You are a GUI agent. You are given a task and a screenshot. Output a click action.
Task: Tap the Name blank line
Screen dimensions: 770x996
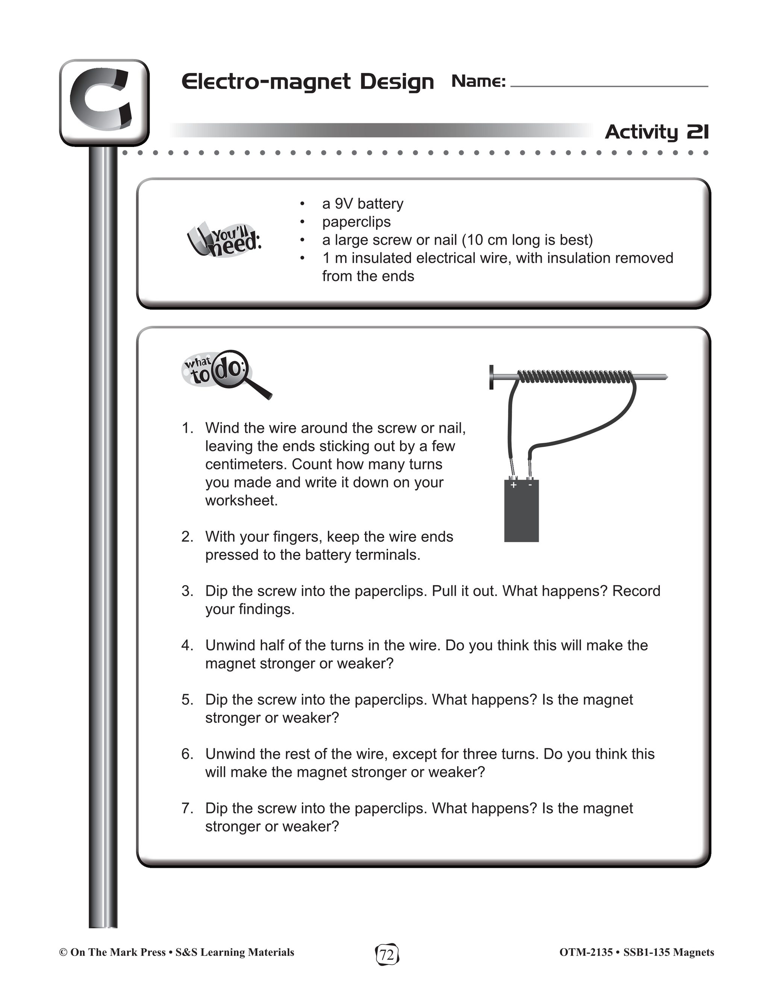(609, 86)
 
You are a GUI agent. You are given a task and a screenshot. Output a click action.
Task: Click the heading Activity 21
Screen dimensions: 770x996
(657, 132)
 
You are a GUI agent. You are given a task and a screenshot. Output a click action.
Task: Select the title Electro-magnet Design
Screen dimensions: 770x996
(308, 82)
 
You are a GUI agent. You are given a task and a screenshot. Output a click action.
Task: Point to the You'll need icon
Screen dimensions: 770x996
(224, 239)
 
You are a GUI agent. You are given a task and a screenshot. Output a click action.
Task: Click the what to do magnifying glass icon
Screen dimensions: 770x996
(227, 374)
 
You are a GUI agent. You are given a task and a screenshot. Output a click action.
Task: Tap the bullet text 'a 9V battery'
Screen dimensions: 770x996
(363, 203)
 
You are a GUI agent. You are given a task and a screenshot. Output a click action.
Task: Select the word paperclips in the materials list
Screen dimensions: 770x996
(356, 222)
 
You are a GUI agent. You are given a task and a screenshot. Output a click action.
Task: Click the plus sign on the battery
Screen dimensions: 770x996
(514, 485)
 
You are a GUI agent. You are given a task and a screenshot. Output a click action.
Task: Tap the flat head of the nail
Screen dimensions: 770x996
(491, 377)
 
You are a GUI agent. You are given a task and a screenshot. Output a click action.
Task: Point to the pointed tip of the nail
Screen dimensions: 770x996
(667, 377)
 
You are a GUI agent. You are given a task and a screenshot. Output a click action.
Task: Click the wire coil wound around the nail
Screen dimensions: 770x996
(576, 376)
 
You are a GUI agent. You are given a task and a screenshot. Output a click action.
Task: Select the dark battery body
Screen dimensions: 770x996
(521, 511)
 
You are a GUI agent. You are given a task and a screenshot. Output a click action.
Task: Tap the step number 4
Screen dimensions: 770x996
(187, 645)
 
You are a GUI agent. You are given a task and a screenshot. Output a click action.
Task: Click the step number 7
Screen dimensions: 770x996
(187, 808)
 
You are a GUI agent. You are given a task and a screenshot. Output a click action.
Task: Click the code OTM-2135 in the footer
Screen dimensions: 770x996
(586, 952)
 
